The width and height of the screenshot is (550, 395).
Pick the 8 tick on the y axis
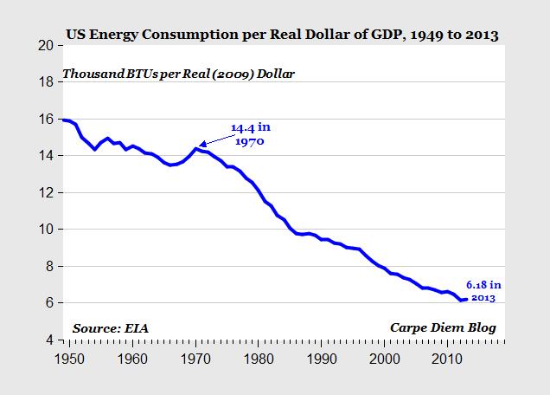[x=51, y=266]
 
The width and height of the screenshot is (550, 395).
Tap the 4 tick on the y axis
[x=51, y=340]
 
